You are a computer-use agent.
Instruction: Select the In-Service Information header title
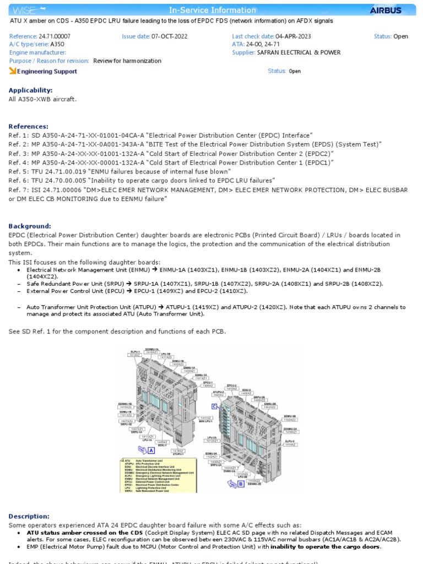(x=212, y=10)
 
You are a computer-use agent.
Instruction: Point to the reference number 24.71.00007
(x=55, y=36)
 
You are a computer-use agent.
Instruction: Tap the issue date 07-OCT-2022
(x=169, y=36)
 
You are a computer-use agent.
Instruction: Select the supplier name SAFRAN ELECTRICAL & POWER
(x=299, y=52)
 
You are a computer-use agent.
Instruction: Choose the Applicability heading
(x=30, y=90)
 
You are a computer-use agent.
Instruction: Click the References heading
(x=28, y=126)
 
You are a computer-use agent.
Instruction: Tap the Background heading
(x=30, y=226)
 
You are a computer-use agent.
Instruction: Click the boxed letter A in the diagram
(x=150, y=450)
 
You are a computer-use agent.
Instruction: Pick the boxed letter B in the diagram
(x=241, y=484)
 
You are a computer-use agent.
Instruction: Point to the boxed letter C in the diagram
(x=215, y=406)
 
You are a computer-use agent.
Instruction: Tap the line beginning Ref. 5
(x=110, y=171)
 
